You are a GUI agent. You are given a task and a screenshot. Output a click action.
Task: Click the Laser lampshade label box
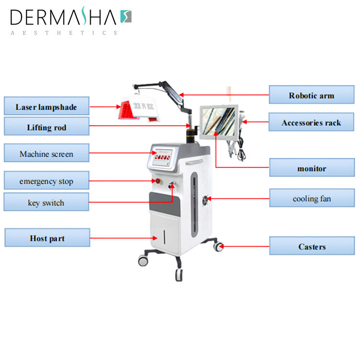pyautogui.click(x=46, y=107)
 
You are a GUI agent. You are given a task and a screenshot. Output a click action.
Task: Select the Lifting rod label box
pyautogui.click(x=46, y=127)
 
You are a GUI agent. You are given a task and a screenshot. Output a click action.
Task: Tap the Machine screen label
pyautogui.click(x=46, y=154)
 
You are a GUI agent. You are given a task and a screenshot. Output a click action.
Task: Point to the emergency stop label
pyautogui.click(x=46, y=181)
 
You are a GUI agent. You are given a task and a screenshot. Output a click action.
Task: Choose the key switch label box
pyautogui.click(x=46, y=203)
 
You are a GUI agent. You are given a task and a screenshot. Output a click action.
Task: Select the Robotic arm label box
pyautogui.click(x=311, y=95)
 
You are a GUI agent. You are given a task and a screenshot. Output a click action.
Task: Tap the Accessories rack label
pyautogui.click(x=311, y=123)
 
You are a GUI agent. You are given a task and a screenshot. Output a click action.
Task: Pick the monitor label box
pyautogui.click(x=311, y=168)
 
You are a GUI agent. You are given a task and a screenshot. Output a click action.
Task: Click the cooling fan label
pyautogui.click(x=311, y=198)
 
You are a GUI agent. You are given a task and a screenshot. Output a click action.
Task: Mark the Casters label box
pyautogui.click(x=311, y=246)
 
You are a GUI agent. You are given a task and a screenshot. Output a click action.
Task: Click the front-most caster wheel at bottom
pyautogui.click(x=179, y=275)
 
